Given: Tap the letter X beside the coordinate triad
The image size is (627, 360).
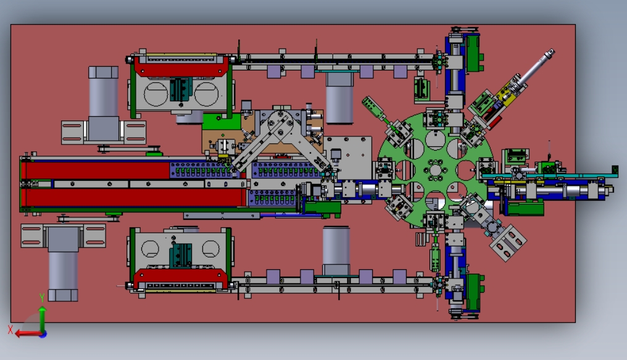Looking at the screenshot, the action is coord(10,330).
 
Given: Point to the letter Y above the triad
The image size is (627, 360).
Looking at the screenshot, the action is coord(41,298).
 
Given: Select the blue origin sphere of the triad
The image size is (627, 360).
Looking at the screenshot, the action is coord(43,333).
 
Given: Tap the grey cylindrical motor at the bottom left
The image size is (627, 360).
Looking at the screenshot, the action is coord(63,264).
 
